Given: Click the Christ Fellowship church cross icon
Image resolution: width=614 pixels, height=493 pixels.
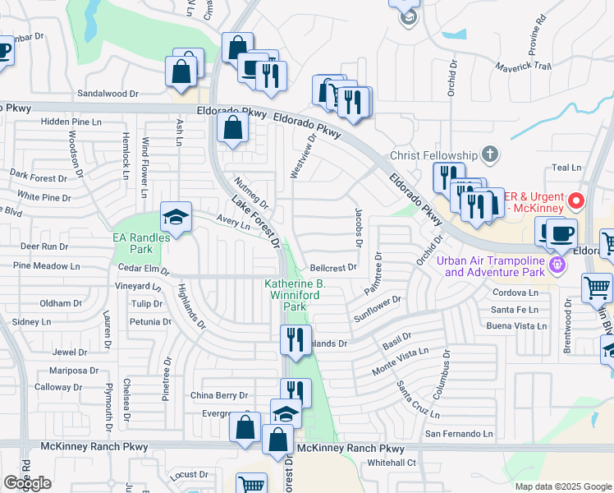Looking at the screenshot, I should click(489, 154).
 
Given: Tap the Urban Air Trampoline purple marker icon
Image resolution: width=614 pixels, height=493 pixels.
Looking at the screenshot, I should click(558, 265).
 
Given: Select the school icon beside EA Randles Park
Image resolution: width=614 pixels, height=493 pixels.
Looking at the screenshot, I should click(176, 218).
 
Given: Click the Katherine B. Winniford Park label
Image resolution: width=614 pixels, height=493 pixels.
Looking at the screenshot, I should click(295, 295).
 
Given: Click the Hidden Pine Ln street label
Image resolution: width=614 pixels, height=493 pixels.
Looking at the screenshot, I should click(71, 122).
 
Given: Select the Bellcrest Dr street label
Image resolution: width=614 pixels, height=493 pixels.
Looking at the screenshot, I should click(334, 268).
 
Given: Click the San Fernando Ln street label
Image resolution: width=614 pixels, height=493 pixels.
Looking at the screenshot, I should click(459, 433).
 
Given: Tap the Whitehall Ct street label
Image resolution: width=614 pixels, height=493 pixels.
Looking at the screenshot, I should click(392, 463).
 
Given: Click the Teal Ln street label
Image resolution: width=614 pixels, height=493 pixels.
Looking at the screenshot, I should click(566, 168).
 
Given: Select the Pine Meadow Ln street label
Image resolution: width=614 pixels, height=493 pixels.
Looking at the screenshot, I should click(47, 266).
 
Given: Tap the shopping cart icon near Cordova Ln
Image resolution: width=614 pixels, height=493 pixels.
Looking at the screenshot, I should click(597, 288).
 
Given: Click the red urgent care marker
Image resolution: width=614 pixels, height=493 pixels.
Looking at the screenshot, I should click(575, 200).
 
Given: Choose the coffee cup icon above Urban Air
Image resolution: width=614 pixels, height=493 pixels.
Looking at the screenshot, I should click(561, 233).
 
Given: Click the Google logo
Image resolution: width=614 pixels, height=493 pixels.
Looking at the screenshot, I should click(27, 483).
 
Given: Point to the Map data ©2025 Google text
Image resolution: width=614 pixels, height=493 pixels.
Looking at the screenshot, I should click(562, 486).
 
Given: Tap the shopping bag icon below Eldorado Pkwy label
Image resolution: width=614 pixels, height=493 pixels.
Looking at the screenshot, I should click(233, 128).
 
